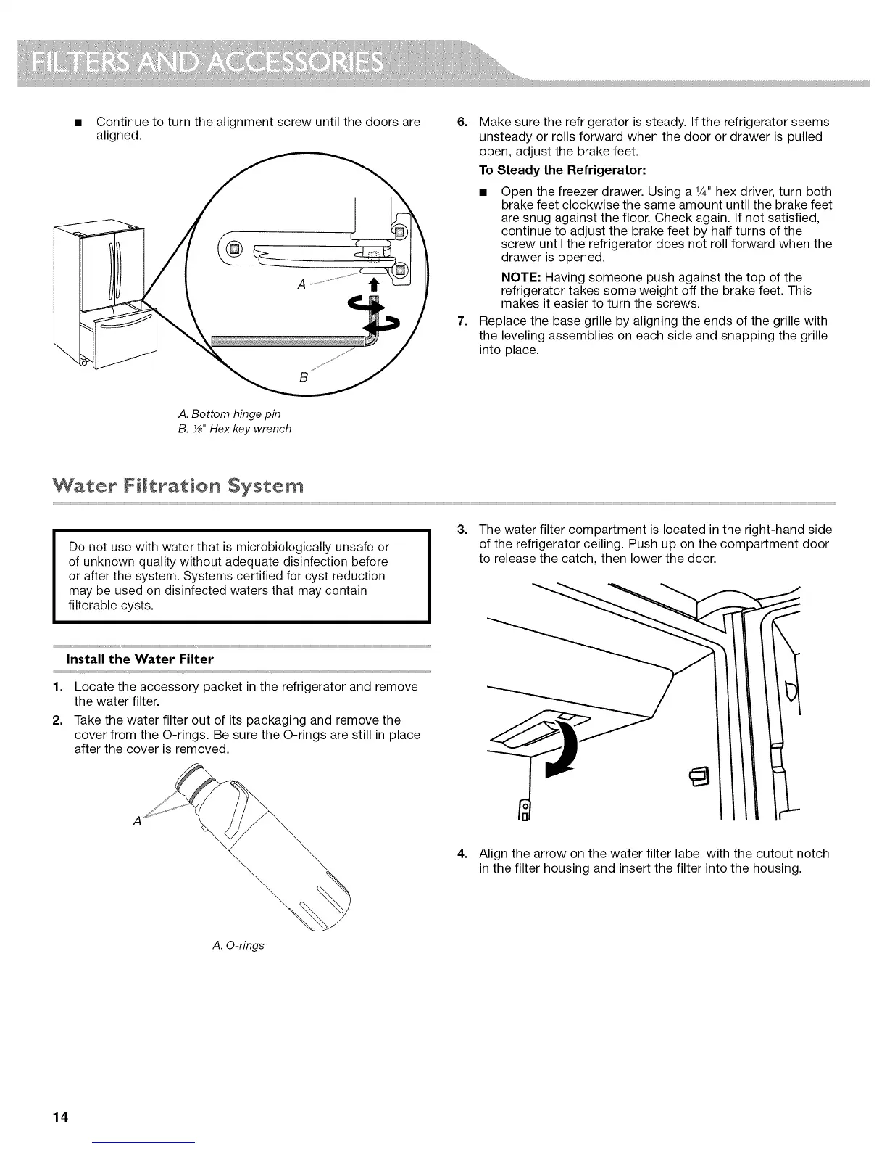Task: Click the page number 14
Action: (59, 1116)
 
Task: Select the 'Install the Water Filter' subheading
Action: (140, 659)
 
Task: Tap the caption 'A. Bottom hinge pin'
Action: (229, 414)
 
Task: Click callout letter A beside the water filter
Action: (136, 821)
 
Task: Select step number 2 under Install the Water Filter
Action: (57, 720)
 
